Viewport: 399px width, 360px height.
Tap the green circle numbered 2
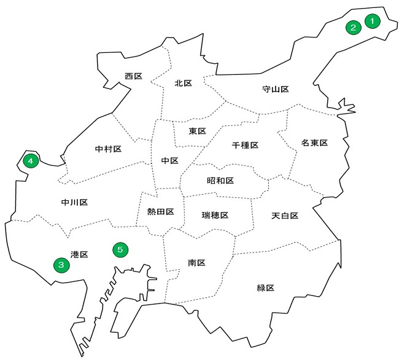click(353, 28)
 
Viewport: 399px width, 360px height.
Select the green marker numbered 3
click(61, 264)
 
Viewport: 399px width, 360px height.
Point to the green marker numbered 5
click(120, 249)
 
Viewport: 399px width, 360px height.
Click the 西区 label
click(133, 76)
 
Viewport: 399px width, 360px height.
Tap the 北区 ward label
click(184, 83)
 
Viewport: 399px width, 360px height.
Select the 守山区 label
click(275, 89)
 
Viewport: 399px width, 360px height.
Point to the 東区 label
click(197, 131)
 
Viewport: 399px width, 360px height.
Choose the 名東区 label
click(314, 143)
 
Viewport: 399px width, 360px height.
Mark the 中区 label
click(169, 160)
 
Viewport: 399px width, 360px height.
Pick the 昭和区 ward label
click(220, 181)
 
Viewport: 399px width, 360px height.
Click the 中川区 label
click(75, 202)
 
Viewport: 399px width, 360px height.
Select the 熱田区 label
click(160, 212)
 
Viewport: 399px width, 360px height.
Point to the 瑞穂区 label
click(215, 216)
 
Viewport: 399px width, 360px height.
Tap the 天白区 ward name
click(284, 216)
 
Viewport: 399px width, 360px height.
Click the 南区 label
click(196, 263)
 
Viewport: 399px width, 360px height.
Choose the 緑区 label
click(266, 288)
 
